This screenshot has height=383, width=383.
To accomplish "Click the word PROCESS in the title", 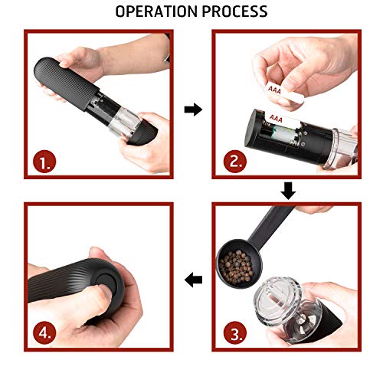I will pyautogui.click(x=233, y=11).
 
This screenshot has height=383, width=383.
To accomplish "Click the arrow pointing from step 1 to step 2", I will pyautogui.click(x=194, y=110).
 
